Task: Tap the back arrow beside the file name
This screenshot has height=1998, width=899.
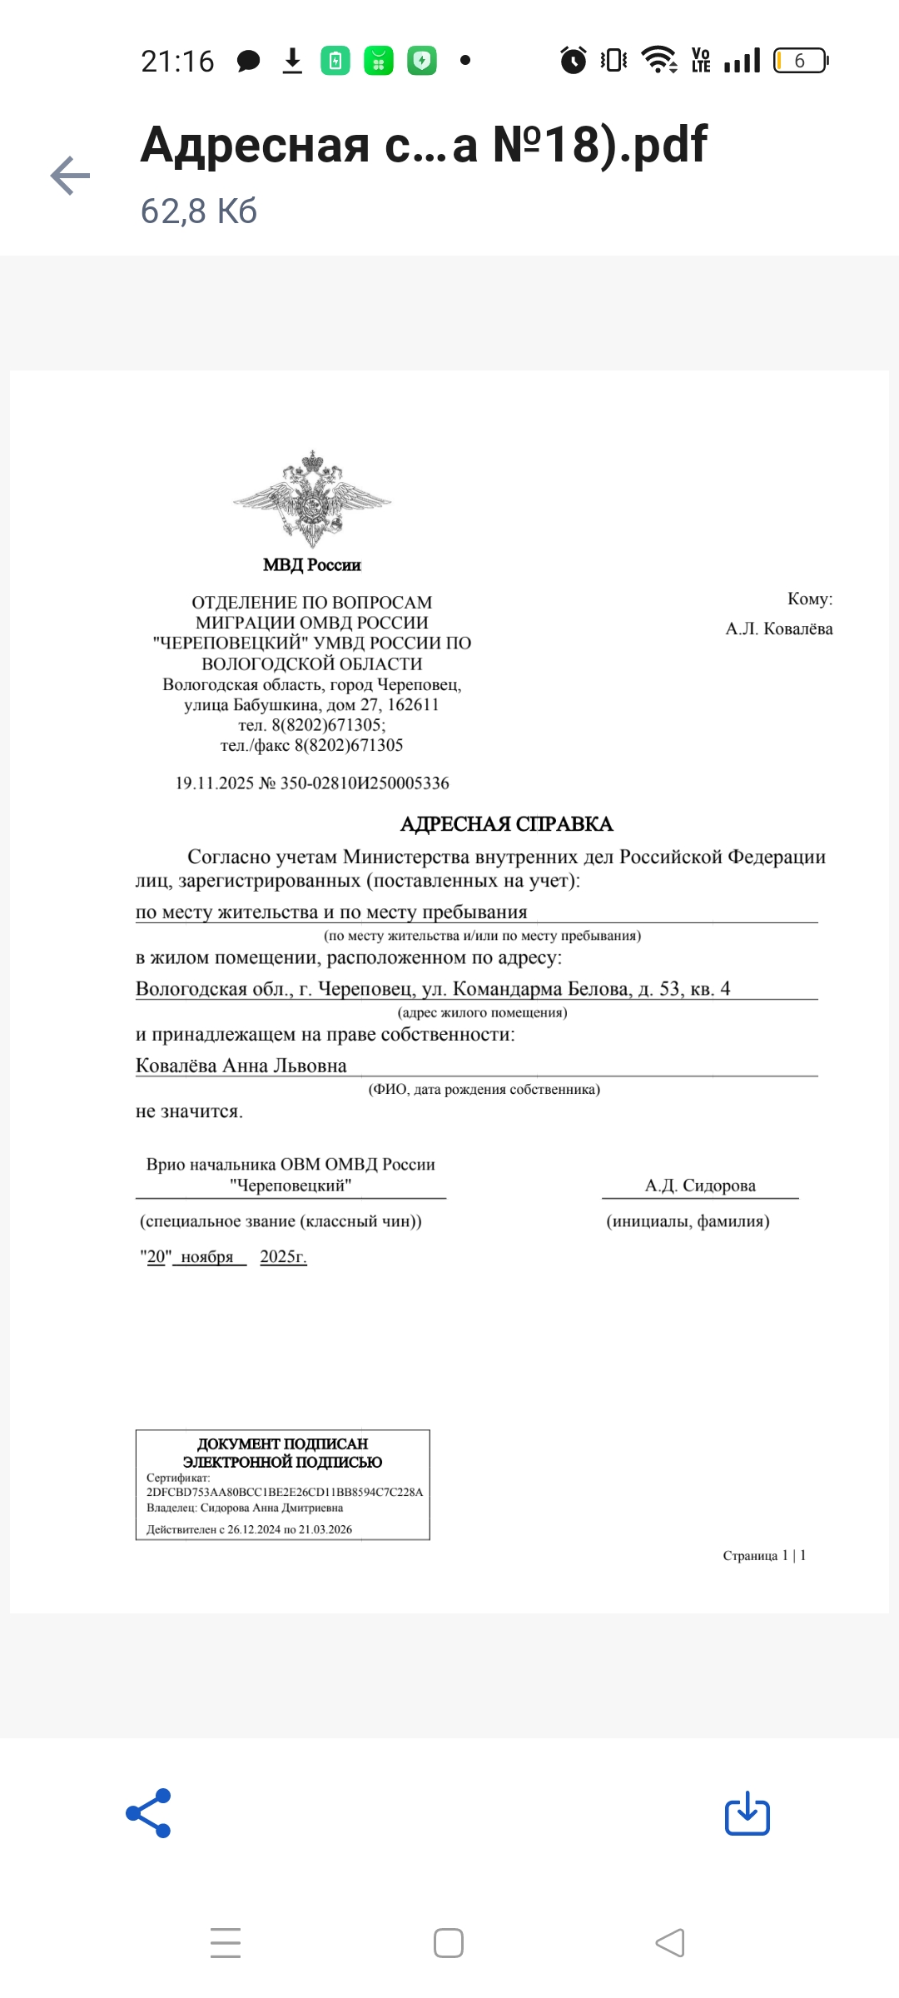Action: (x=71, y=176)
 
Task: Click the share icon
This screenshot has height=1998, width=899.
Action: (x=148, y=1812)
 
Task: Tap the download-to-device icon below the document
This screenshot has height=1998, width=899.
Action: (x=747, y=1813)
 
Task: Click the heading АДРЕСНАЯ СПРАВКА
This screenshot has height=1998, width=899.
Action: (x=506, y=824)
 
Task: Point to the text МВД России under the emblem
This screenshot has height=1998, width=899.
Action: (x=312, y=565)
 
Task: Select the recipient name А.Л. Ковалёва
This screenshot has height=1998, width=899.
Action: (x=778, y=629)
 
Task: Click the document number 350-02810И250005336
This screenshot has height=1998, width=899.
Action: (x=365, y=783)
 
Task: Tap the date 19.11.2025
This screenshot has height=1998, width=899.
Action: (x=214, y=783)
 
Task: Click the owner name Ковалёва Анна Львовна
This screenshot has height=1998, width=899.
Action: (x=241, y=1066)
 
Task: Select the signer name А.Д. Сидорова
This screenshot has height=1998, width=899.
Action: (x=700, y=1185)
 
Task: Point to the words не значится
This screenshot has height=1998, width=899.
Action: (x=189, y=1111)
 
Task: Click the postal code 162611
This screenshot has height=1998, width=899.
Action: (x=413, y=704)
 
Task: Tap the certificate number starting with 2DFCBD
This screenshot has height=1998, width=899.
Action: (x=285, y=1492)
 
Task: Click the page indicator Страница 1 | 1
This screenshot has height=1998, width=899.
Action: (x=764, y=1555)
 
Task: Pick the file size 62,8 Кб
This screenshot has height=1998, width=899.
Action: (x=199, y=211)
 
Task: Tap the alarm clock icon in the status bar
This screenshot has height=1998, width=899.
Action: (x=573, y=60)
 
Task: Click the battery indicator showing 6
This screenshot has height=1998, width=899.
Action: (x=800, y=61)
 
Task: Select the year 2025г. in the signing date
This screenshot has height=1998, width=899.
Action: (x=283, y=1256)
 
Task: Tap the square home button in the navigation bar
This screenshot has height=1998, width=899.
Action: (x=449, y=1943)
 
